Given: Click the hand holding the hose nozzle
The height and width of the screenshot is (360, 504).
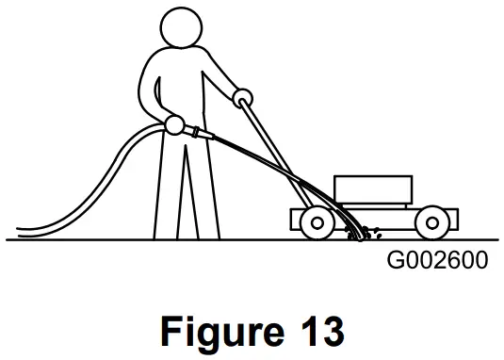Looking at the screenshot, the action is tap(174, 123).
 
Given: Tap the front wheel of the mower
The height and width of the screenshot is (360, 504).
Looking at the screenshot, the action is tap(431, 221).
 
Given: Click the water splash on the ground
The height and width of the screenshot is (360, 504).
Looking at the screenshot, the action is tap(361, 231).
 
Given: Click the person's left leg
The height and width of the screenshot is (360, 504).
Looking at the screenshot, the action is tap(165, 188).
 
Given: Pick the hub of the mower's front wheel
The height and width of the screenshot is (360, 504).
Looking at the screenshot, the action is tap(431, 221).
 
